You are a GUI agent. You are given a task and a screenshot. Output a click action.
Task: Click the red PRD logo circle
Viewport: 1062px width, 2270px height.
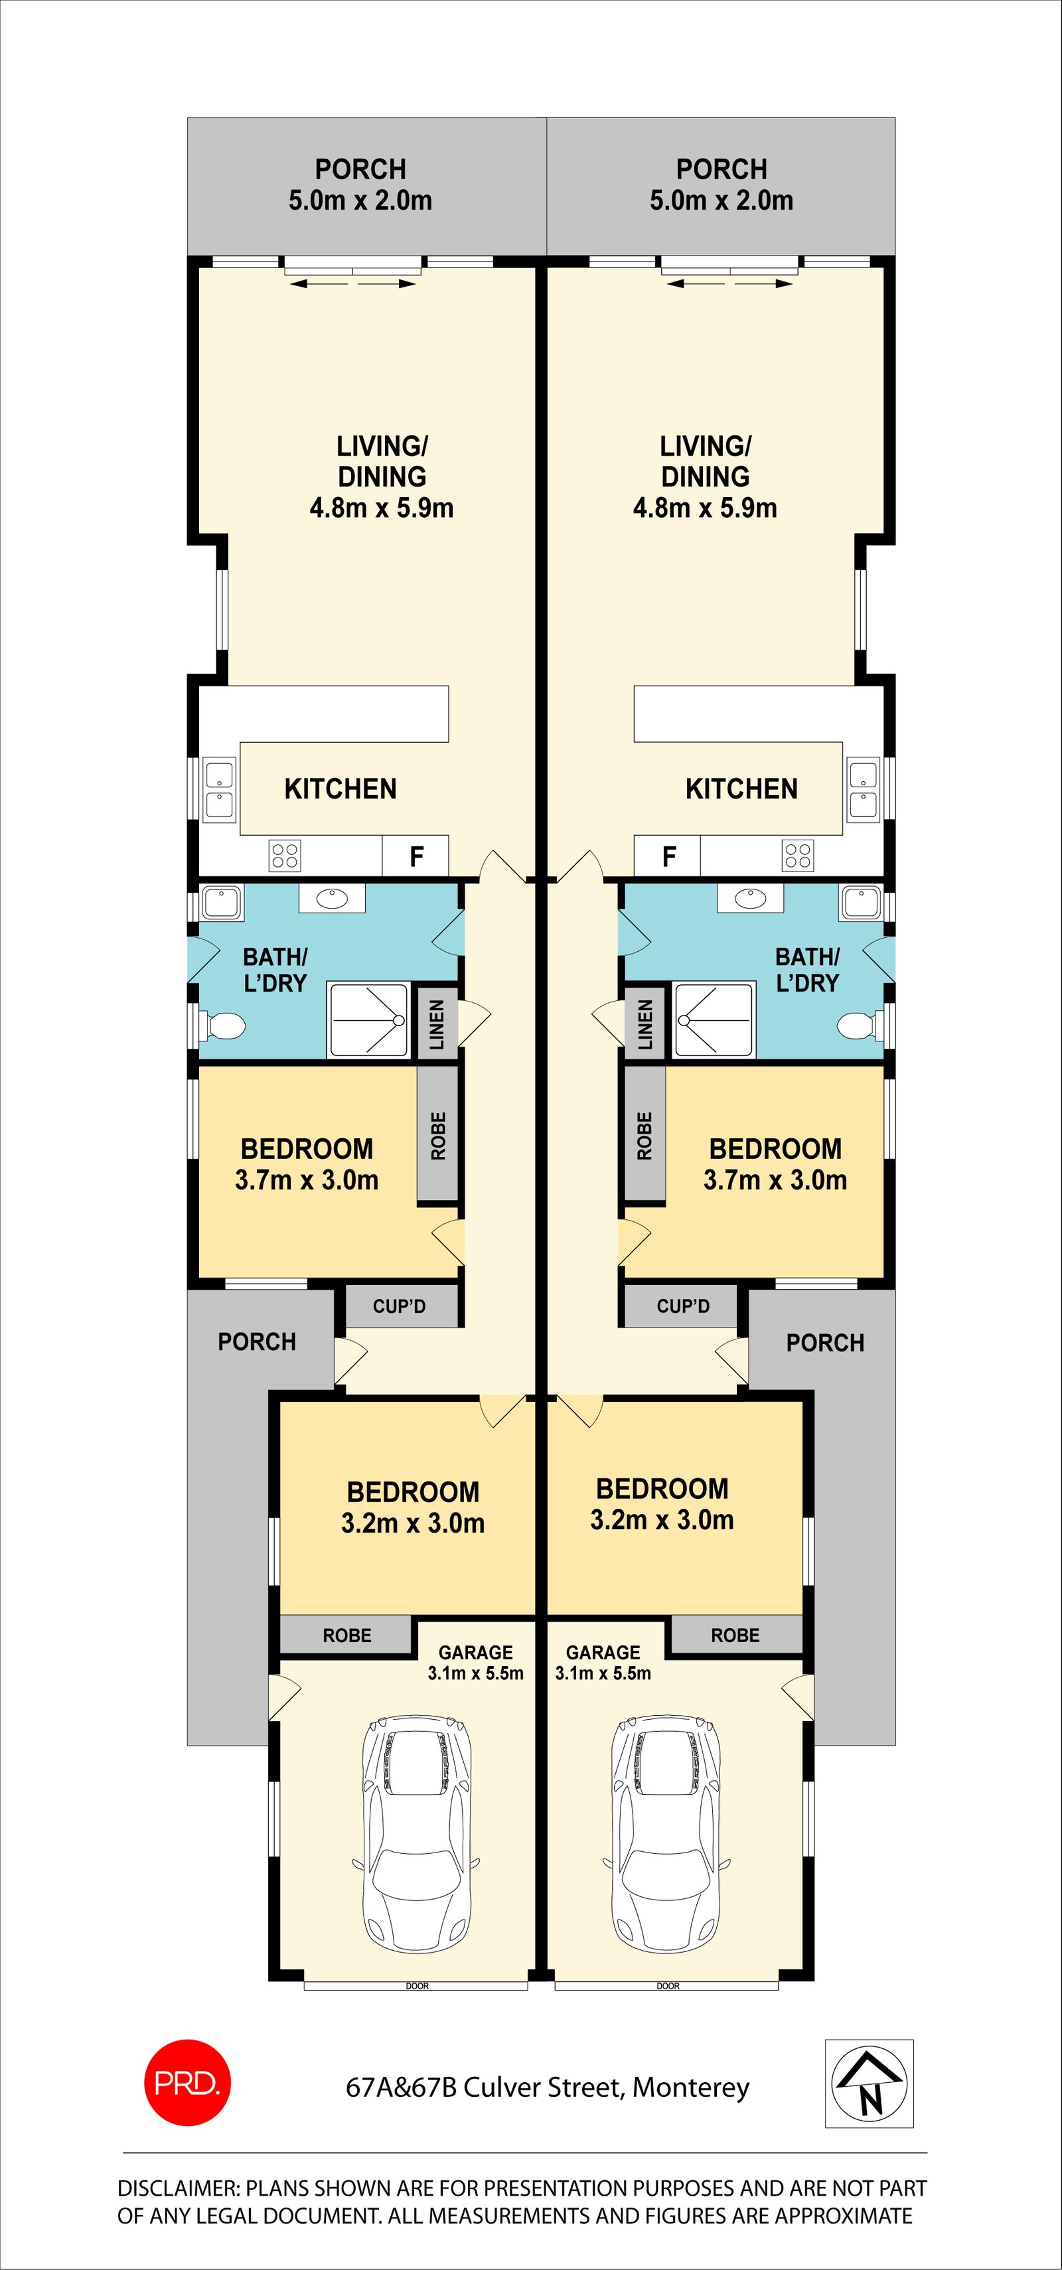click(187, 2082)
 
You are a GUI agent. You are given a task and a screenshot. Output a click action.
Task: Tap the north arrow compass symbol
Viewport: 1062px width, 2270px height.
click(869, 2083)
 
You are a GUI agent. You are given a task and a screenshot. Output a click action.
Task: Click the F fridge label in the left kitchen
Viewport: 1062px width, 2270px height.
click(416, 856)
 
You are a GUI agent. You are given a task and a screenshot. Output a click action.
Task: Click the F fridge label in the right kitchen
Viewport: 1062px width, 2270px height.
click(669, 856)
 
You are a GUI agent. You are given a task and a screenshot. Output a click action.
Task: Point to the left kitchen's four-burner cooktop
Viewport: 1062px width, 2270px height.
click(285, 856)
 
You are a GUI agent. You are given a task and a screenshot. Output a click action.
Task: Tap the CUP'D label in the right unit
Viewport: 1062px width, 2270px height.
click(682, 1306)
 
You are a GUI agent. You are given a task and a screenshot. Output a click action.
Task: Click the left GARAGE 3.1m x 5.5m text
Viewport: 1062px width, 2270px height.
click(476, 1662)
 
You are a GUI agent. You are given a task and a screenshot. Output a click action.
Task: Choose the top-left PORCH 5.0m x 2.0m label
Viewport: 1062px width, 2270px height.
click(360, 184)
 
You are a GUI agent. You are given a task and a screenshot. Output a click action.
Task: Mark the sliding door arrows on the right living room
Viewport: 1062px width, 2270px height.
click(729, 284)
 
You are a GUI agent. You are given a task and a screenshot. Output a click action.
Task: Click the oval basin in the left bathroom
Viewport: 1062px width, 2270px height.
click(331, 899)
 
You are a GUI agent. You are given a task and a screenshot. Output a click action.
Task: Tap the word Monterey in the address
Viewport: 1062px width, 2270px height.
click(691, 2087)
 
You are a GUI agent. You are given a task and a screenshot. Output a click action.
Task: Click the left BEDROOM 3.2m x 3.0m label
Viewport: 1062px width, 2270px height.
click(412, 1507)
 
